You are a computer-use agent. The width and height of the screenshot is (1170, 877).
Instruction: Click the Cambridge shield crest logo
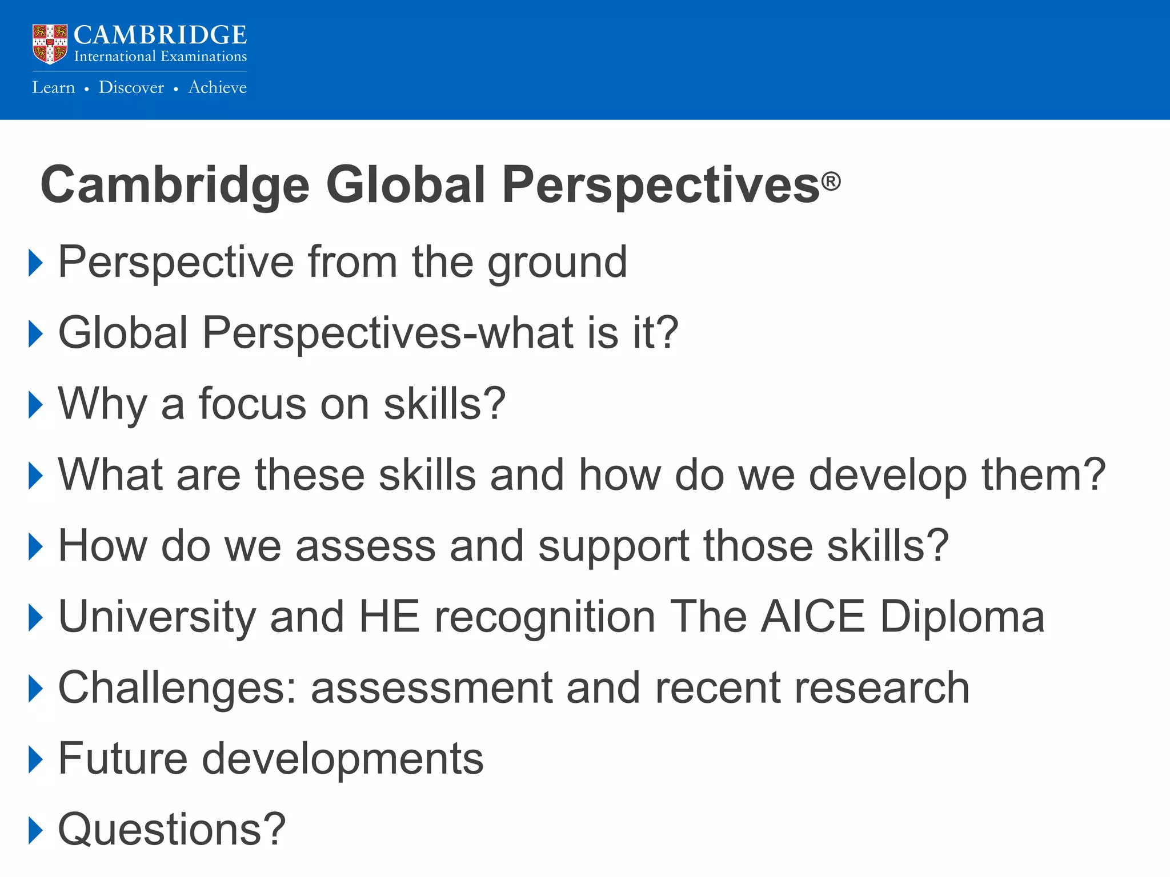click(50, 44)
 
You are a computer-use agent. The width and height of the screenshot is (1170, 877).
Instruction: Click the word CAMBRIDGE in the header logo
click(160, 35)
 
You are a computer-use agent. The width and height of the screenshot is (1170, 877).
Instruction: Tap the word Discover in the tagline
click(131, 87)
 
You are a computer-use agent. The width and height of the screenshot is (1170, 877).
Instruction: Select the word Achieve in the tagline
click(218, 87)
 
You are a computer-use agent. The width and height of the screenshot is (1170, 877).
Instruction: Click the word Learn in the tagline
click(53, 87)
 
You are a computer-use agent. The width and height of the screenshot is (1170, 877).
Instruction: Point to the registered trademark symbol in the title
click(831, 182)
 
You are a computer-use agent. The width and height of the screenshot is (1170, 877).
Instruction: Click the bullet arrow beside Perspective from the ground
click(35, 263)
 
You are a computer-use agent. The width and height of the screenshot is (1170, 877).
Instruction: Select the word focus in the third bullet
click(252, 404)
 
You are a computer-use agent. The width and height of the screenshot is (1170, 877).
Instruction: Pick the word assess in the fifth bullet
click(366, 546)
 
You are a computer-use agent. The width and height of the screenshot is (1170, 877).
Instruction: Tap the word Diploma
click(962, 618)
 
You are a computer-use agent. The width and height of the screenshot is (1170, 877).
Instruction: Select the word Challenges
click(177, 689)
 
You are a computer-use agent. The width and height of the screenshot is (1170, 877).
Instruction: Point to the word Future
click(123, 759)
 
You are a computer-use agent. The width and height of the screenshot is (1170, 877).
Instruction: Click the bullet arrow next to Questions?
click(35, 830)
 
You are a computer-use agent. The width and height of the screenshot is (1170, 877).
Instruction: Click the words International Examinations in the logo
click(160, 57)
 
